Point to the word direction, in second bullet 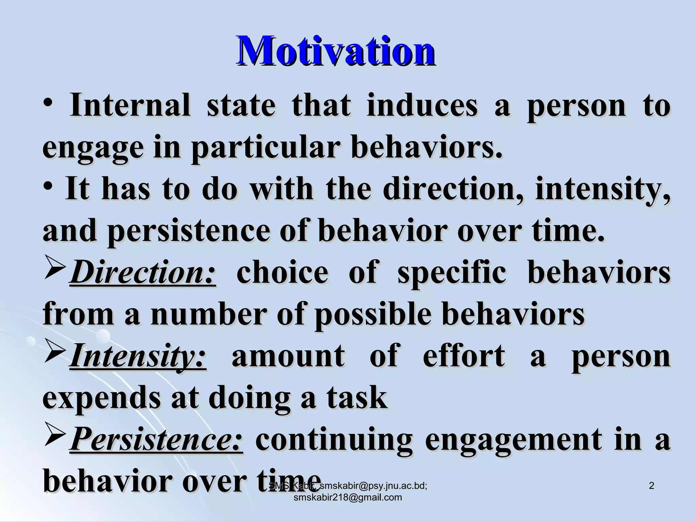point(453,190)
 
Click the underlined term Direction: point(143,273)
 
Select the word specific point(452,274)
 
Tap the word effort point(464,356)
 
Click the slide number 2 point(651,486)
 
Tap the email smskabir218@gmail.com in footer point(347,498)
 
